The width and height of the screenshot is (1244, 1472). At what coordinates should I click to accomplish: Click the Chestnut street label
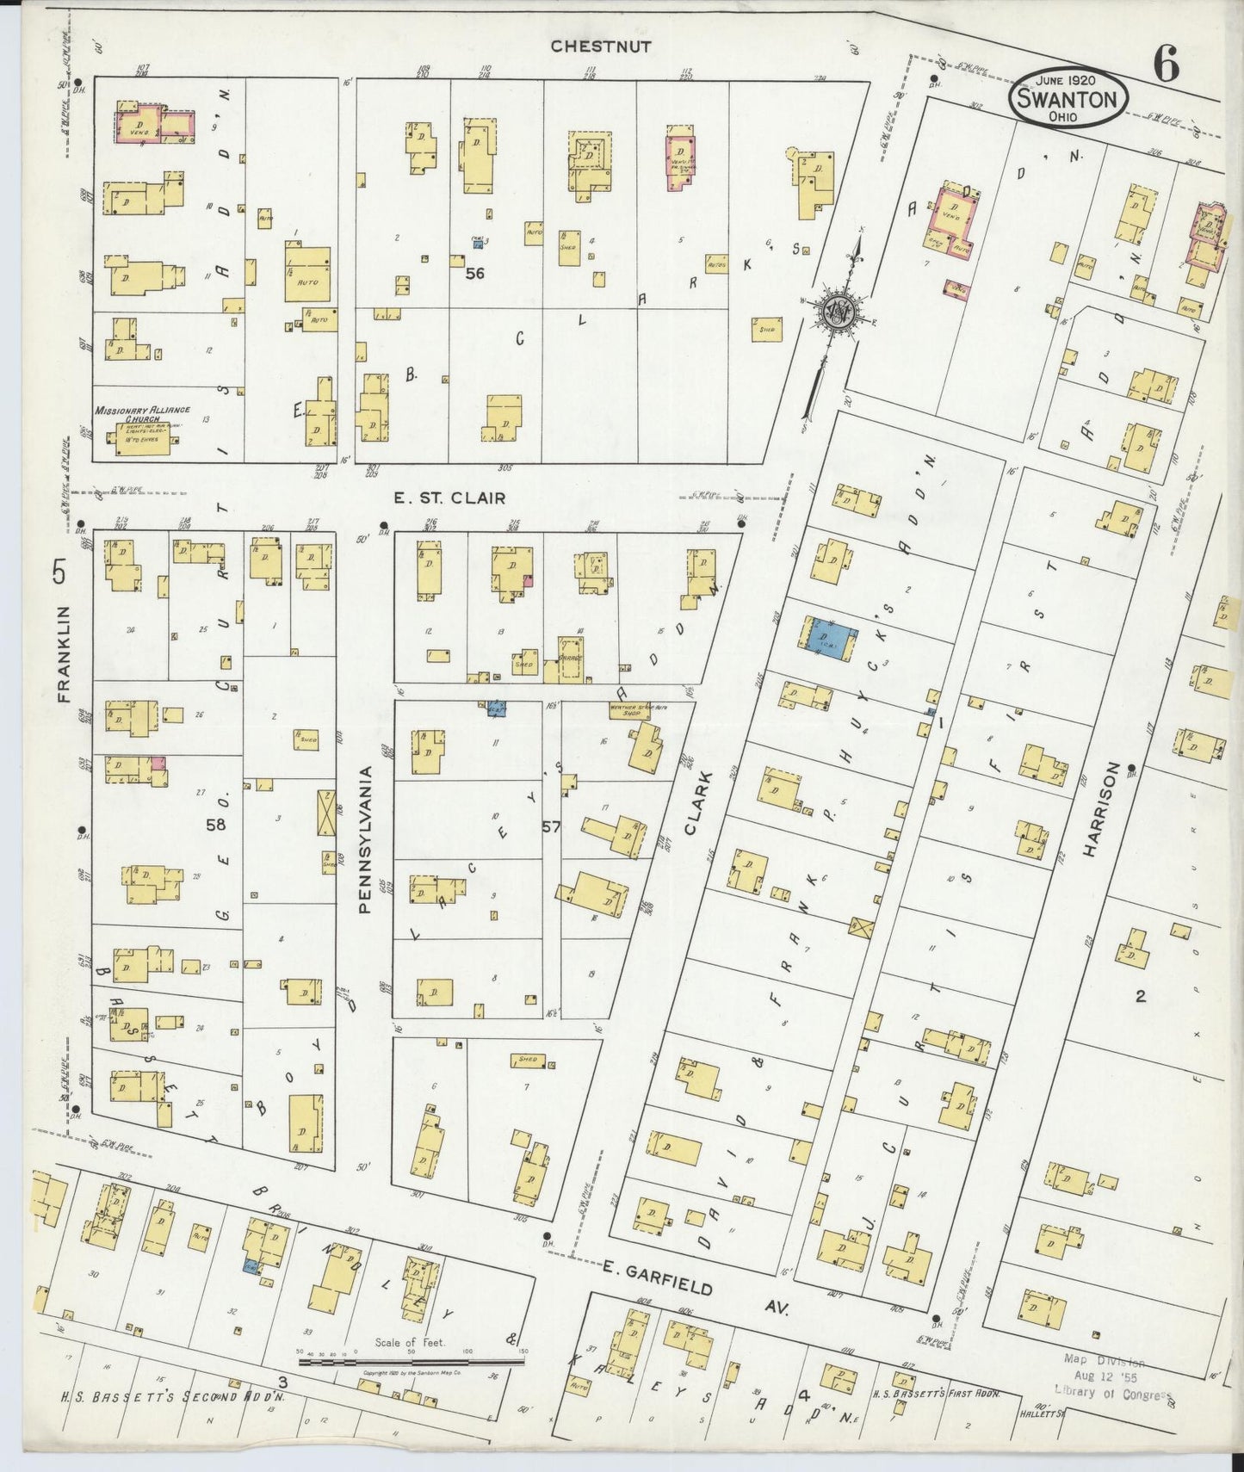[601, 46]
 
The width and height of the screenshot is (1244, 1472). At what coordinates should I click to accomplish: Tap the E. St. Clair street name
[449, 498]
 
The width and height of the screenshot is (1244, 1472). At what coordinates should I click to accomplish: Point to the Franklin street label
[62, 654]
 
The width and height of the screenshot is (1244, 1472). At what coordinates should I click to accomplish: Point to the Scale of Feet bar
[411, 1363]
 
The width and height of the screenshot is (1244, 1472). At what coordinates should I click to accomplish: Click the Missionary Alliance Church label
[142, 415]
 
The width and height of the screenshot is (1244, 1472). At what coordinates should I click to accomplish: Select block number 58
[215, 825]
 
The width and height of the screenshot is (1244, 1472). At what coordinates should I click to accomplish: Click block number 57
[551, 827]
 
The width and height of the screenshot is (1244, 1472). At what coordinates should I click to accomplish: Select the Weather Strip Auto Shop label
[641, 711]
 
